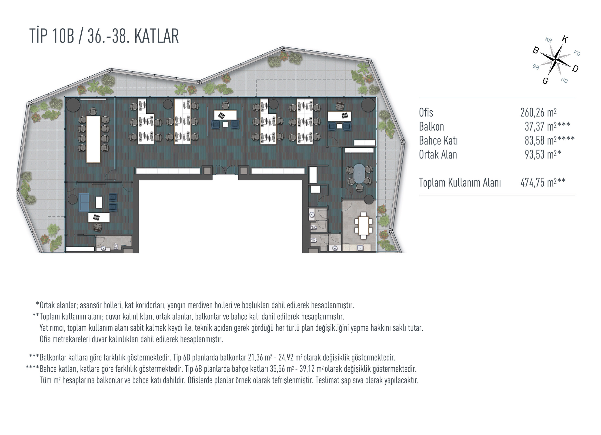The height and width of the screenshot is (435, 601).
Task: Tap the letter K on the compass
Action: (x=565, y=40)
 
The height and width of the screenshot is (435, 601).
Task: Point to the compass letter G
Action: (x=545, y=81)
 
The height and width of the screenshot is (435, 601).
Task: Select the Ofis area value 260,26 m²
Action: (x=538, y=112)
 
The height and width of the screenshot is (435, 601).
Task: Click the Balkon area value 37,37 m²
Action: (x=541, y=127)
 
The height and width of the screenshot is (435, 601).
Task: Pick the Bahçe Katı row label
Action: (x=438, y=141)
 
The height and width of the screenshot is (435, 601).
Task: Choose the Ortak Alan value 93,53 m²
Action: (x=541, y=155)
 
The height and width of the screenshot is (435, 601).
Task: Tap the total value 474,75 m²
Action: (x=538, y=182)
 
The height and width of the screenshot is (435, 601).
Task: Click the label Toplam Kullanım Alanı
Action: (x=460, y=183)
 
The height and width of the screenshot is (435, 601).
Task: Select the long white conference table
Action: (x=93, y=139)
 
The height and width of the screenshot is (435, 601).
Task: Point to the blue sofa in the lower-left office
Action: (x=83, y=202)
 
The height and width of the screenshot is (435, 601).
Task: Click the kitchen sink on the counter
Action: (x=360, y=248)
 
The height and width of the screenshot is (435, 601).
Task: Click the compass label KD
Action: (x=577, y=53)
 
